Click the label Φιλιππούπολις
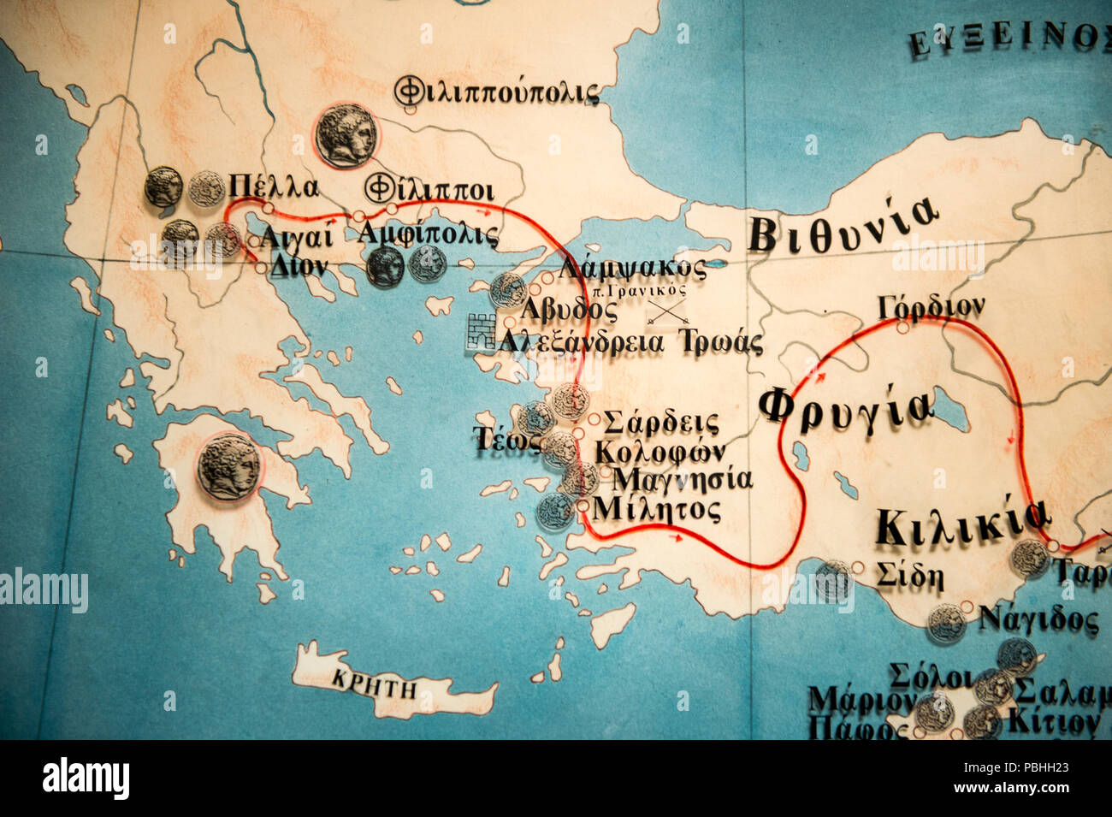(497, 91)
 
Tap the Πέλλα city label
(274, 186)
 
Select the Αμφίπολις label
(428, 234)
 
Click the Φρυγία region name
(845, 406)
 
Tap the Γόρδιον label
(931, 306)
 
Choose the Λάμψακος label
(632, 269)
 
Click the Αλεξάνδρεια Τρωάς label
(630, 343)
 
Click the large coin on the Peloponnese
(228, 466)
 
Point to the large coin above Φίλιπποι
(346, 134)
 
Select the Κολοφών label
(660, 451)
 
